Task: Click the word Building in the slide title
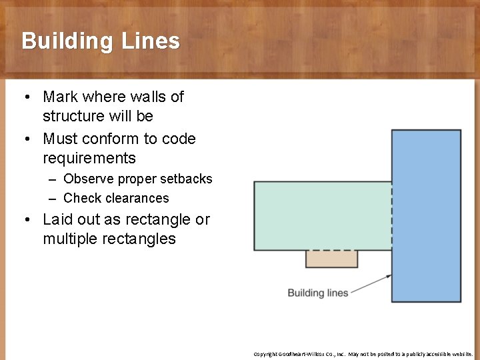[x=67, y=41]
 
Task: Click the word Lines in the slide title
[x=151, y=41]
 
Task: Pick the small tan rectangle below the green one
[x=331, y=259]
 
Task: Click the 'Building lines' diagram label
[x=317, y=293]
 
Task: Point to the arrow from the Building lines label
[x=371, y=284]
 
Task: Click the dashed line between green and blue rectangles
[x=391, y=215]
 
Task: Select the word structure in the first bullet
[x=73, y=116]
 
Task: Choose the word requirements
[x=89, y=158]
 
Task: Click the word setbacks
[x=185, y=179]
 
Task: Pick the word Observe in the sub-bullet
[x=87, y=179]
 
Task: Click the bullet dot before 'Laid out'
[x=26, y=220]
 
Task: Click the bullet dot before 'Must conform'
[x=26, y=139]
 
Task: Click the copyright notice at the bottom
[x=363, y=354]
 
